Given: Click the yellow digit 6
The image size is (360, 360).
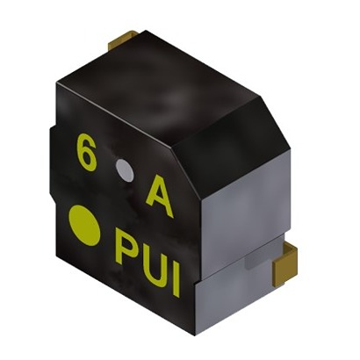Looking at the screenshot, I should tap(86, 152).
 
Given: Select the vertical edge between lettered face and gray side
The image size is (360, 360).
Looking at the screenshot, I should tap(194, 237).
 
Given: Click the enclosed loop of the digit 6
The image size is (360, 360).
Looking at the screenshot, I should tap(86, 159).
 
